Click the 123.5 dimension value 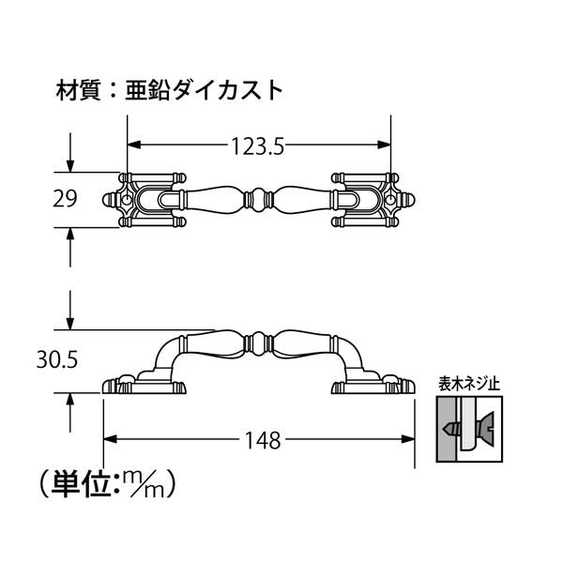(x=257, y=146)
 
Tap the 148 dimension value (x=263, y=441)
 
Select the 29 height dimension (x=65, y=199)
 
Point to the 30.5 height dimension (x=57, y=359)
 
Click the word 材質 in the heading (x=78, y=90)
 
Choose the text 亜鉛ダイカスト (x=204, y=90)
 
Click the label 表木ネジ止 (x=469, y=384)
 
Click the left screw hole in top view (x=127, y=200)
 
